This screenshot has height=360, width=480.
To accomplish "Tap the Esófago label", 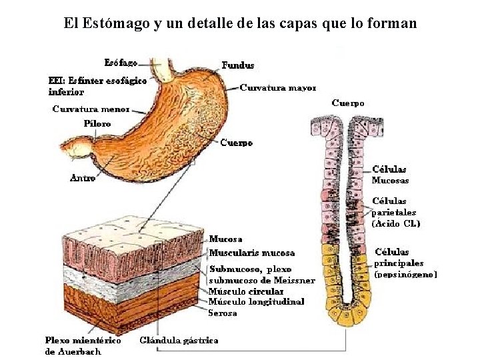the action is coord(121,63).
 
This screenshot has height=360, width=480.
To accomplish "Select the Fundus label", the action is coord(237,65).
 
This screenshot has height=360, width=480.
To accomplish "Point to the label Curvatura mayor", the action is coord(277,87).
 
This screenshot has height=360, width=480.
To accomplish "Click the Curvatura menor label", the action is coord(91,109).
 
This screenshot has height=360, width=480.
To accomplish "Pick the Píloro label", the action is coord(97,123).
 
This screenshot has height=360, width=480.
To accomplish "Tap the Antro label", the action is coord(83,177).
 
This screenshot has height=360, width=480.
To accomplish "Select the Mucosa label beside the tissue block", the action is coord(226,239).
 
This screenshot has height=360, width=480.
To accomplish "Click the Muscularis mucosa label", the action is coord(252,253).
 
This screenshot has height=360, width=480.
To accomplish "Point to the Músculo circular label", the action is coord(241,291).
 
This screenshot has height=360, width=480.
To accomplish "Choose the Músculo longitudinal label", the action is coord(256,301).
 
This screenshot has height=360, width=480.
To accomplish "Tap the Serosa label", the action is coord(223,312).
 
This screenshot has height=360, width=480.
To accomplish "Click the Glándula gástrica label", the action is coord(179,340).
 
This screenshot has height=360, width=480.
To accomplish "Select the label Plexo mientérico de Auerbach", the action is coord(83,345).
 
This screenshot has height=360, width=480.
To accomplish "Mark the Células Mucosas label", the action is coord(390,175).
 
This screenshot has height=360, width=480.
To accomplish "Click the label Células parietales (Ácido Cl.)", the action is coord(395,212).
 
